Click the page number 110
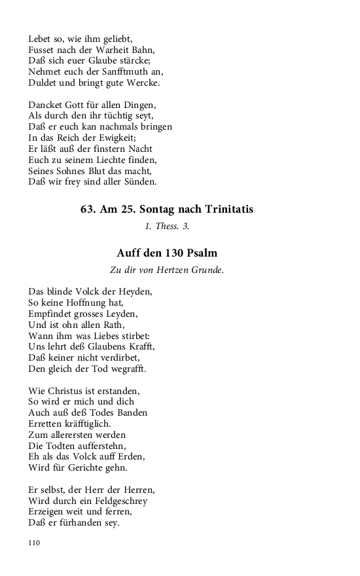tap(35, 543)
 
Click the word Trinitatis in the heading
tap(224, 209)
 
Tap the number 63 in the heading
tap(88, 209)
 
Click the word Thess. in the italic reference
tap(168, 226)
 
